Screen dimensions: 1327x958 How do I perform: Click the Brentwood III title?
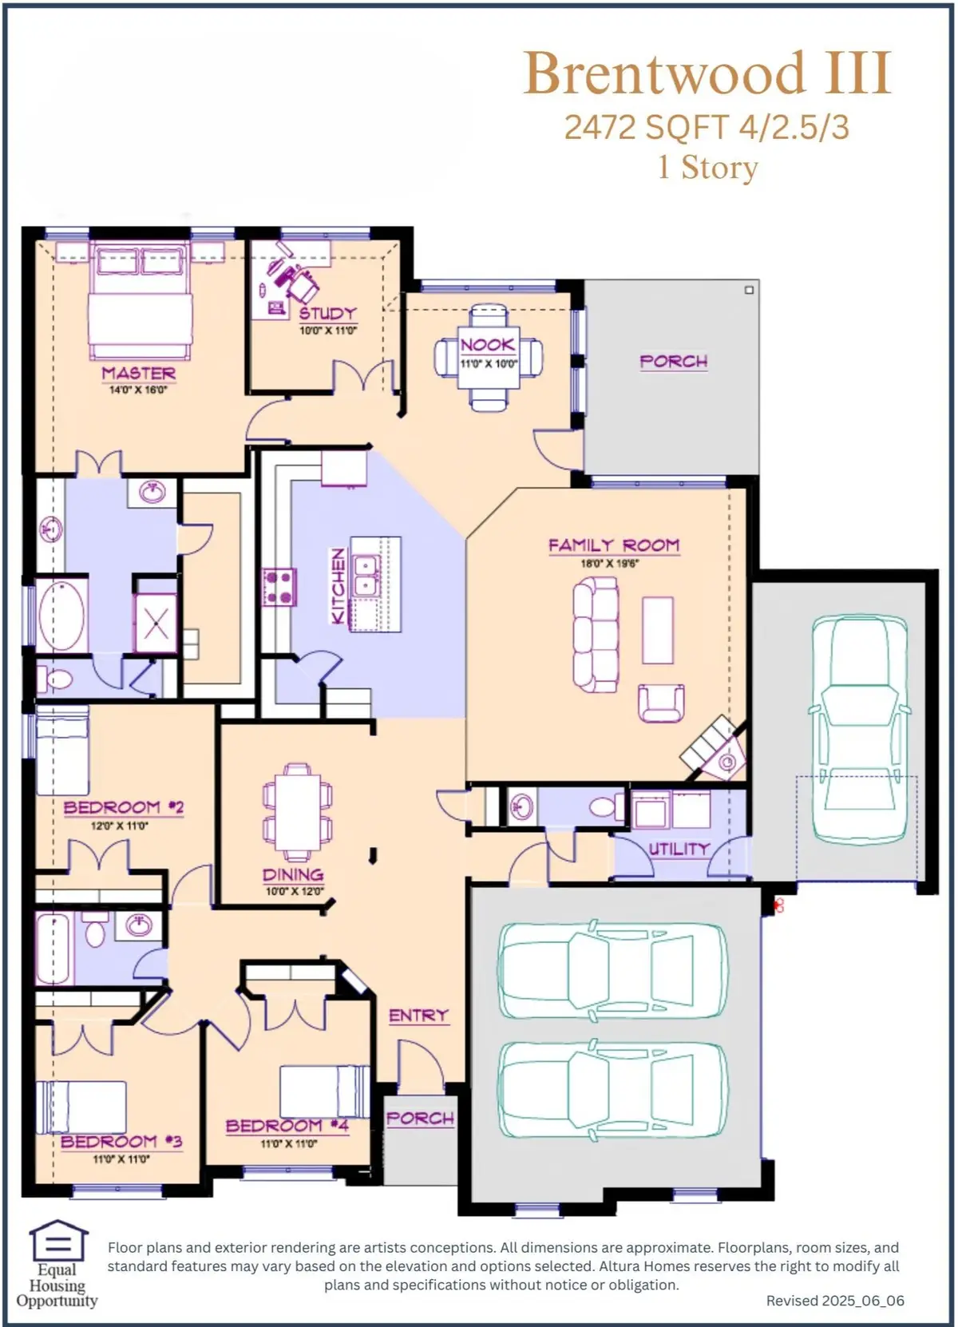[707, 73]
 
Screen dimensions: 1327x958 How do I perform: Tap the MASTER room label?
[138, 373]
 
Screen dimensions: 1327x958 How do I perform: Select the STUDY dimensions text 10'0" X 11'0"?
[328, 331]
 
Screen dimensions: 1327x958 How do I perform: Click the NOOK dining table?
[489, 357]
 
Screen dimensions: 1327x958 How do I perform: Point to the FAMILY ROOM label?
[613, 545]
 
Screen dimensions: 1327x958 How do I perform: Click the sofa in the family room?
[596, 635]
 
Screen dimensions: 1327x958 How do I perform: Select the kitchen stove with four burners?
[279, 586]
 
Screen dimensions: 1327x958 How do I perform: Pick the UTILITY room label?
[679, 849]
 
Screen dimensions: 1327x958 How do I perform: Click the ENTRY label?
[418, 1016]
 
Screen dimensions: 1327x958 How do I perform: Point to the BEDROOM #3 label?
[121, 1142]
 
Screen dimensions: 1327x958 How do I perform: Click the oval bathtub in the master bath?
[61, 616]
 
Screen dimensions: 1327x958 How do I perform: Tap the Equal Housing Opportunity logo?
[57, 1264]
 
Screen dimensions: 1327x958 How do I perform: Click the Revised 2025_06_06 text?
[835, 1301]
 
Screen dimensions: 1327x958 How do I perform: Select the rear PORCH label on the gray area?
[673, 362]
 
